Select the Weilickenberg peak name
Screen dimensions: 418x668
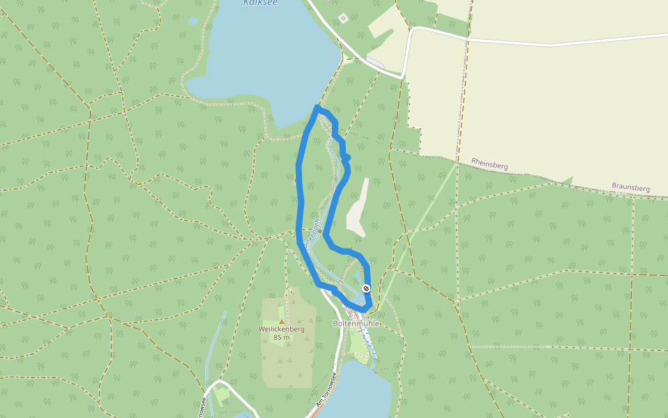281,329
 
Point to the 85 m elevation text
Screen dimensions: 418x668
281,338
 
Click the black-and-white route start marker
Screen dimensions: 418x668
366,288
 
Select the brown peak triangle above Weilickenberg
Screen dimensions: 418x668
281,321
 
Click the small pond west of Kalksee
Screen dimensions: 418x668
193,21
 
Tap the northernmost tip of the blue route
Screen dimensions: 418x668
318,107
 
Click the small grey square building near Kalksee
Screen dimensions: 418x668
342,17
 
